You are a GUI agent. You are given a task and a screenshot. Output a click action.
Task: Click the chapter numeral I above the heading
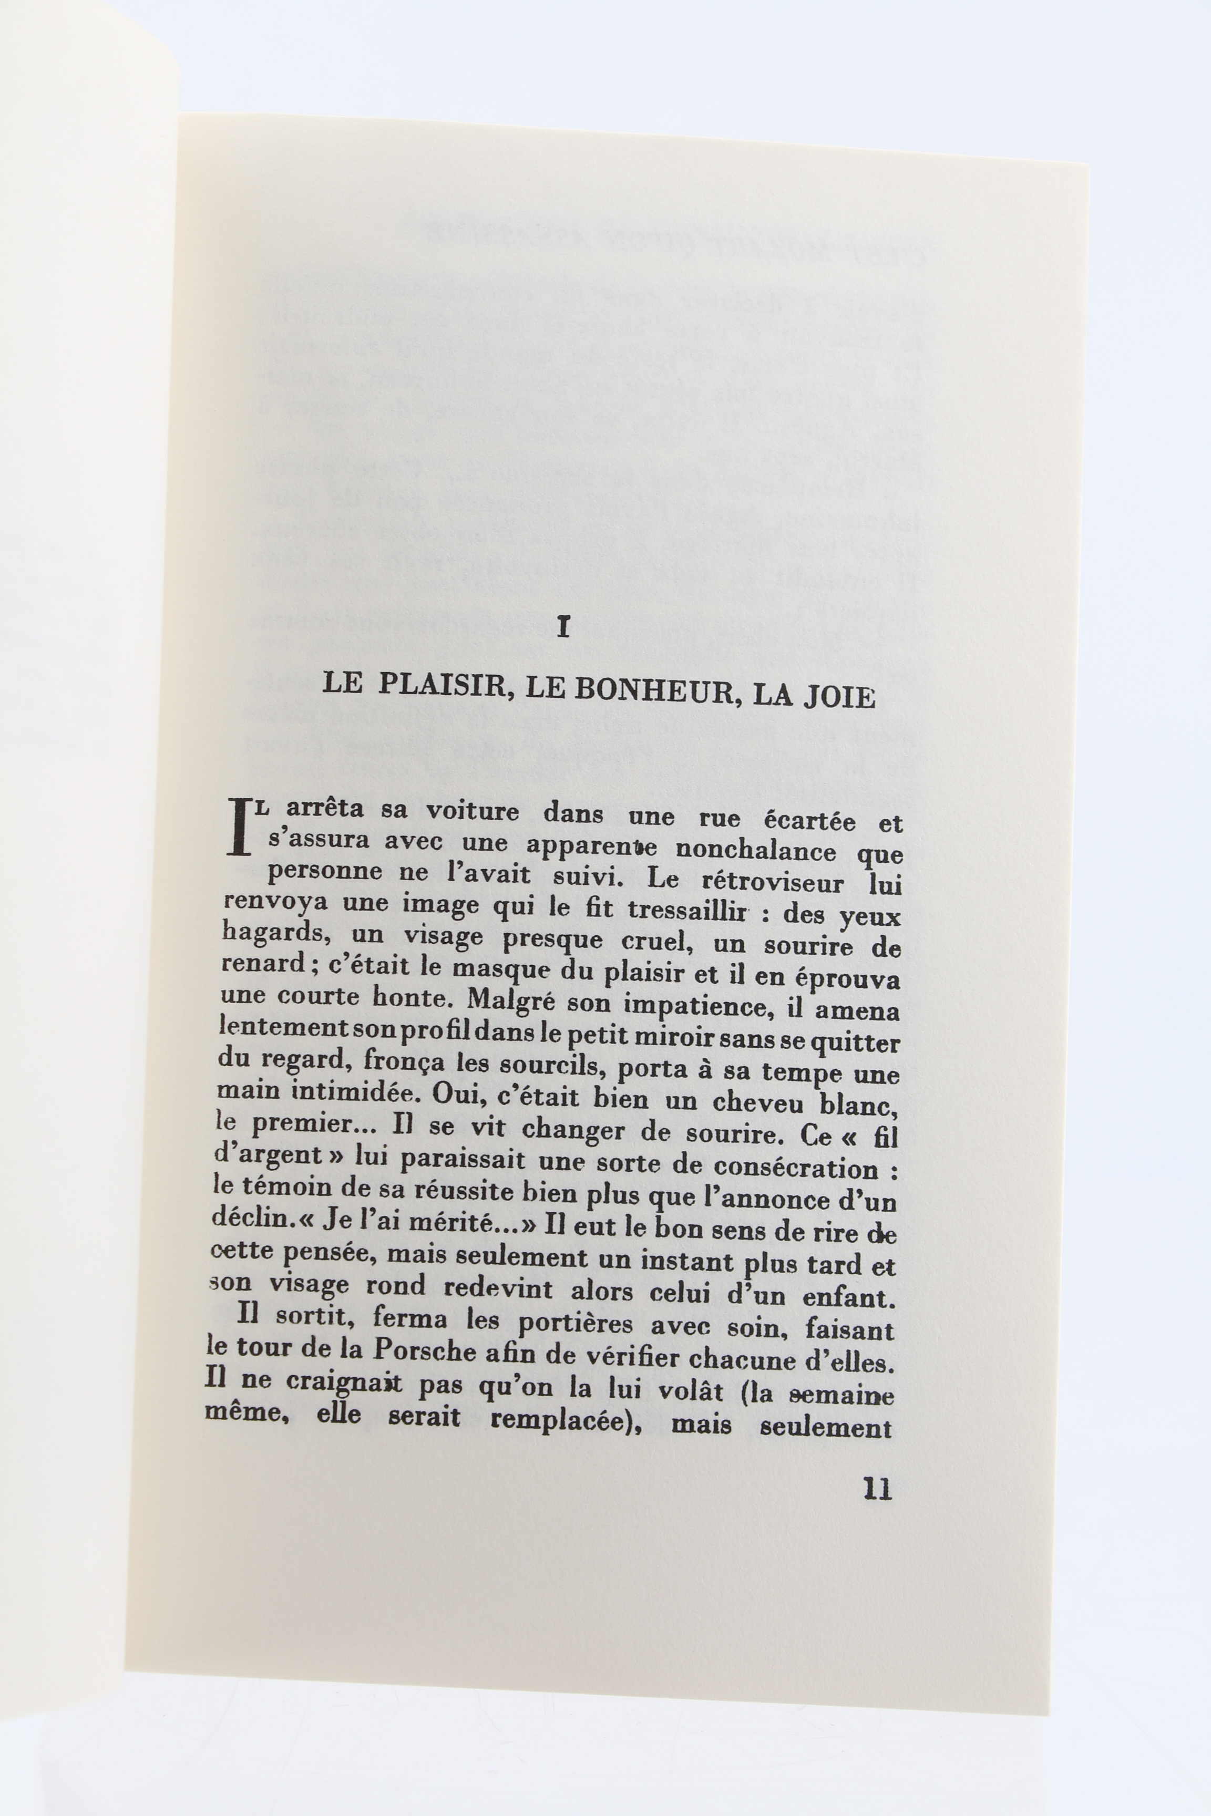point(563,628)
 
